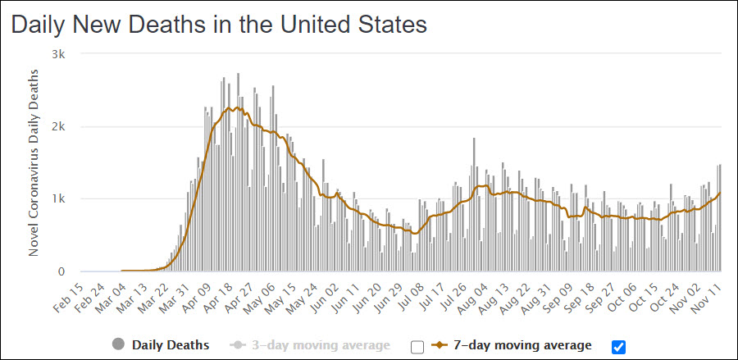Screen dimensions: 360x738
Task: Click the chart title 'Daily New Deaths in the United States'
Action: click(219, 25)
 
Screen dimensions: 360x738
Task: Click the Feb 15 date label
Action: click(69, 296)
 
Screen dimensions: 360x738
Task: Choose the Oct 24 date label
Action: click(667, 296)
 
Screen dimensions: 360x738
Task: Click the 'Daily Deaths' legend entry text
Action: click(171, 345)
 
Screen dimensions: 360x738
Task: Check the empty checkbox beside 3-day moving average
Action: click(417, 346)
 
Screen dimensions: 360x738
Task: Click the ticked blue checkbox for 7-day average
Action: click(619, 346)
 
